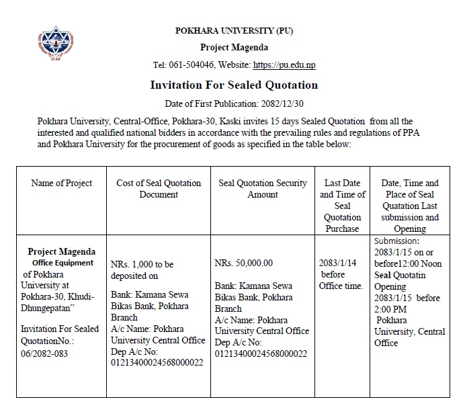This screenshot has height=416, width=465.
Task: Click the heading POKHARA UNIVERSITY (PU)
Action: [x=234, y=31]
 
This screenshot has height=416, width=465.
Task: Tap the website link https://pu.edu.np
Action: [x=284, y=65]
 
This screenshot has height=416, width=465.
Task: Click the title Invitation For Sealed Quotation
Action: [x=234, y=85]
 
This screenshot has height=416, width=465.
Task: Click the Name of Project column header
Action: [x=62, y=183]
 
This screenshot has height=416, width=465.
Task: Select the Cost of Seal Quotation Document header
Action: [x=159, y=188]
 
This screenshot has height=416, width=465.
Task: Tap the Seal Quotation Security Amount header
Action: [x=263, y=188]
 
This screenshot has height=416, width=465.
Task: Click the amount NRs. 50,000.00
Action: [x=243, y=263]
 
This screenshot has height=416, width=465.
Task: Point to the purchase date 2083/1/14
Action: [x=338, y=263]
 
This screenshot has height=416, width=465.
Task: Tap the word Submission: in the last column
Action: [x=396, y=241]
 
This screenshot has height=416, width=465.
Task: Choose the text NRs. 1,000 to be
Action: [x=142, y=264]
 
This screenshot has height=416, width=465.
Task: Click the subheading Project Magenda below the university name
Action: [x=234, y=48]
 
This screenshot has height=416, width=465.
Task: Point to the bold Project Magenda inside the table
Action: [x=62, y=252]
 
